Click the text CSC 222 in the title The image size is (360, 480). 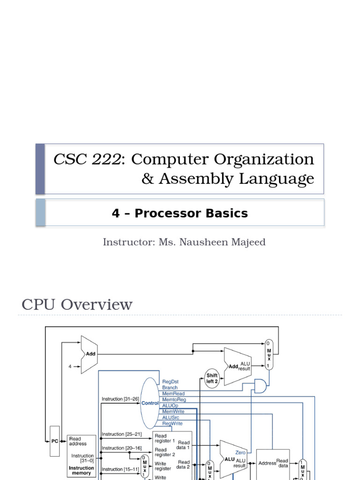coord(87,159)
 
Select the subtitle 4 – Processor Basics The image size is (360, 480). coord(180,213)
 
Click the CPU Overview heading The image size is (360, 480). coord(77,305)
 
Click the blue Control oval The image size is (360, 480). coord(150,403)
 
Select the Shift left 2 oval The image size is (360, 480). coord(212,378)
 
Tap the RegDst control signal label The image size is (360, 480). coord(170,382)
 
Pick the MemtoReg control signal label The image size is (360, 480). coord(174,400)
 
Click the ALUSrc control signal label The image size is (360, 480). coord(171,417)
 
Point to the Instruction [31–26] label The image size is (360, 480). coord(120,399)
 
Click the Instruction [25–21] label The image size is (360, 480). coord(120,435)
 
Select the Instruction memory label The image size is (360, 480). coord(81,471)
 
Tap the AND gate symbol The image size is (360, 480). coord(260,386)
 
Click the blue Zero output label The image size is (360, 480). coord(240,453)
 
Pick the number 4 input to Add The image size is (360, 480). coord(70,367)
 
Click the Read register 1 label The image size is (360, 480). coord(165,438)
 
